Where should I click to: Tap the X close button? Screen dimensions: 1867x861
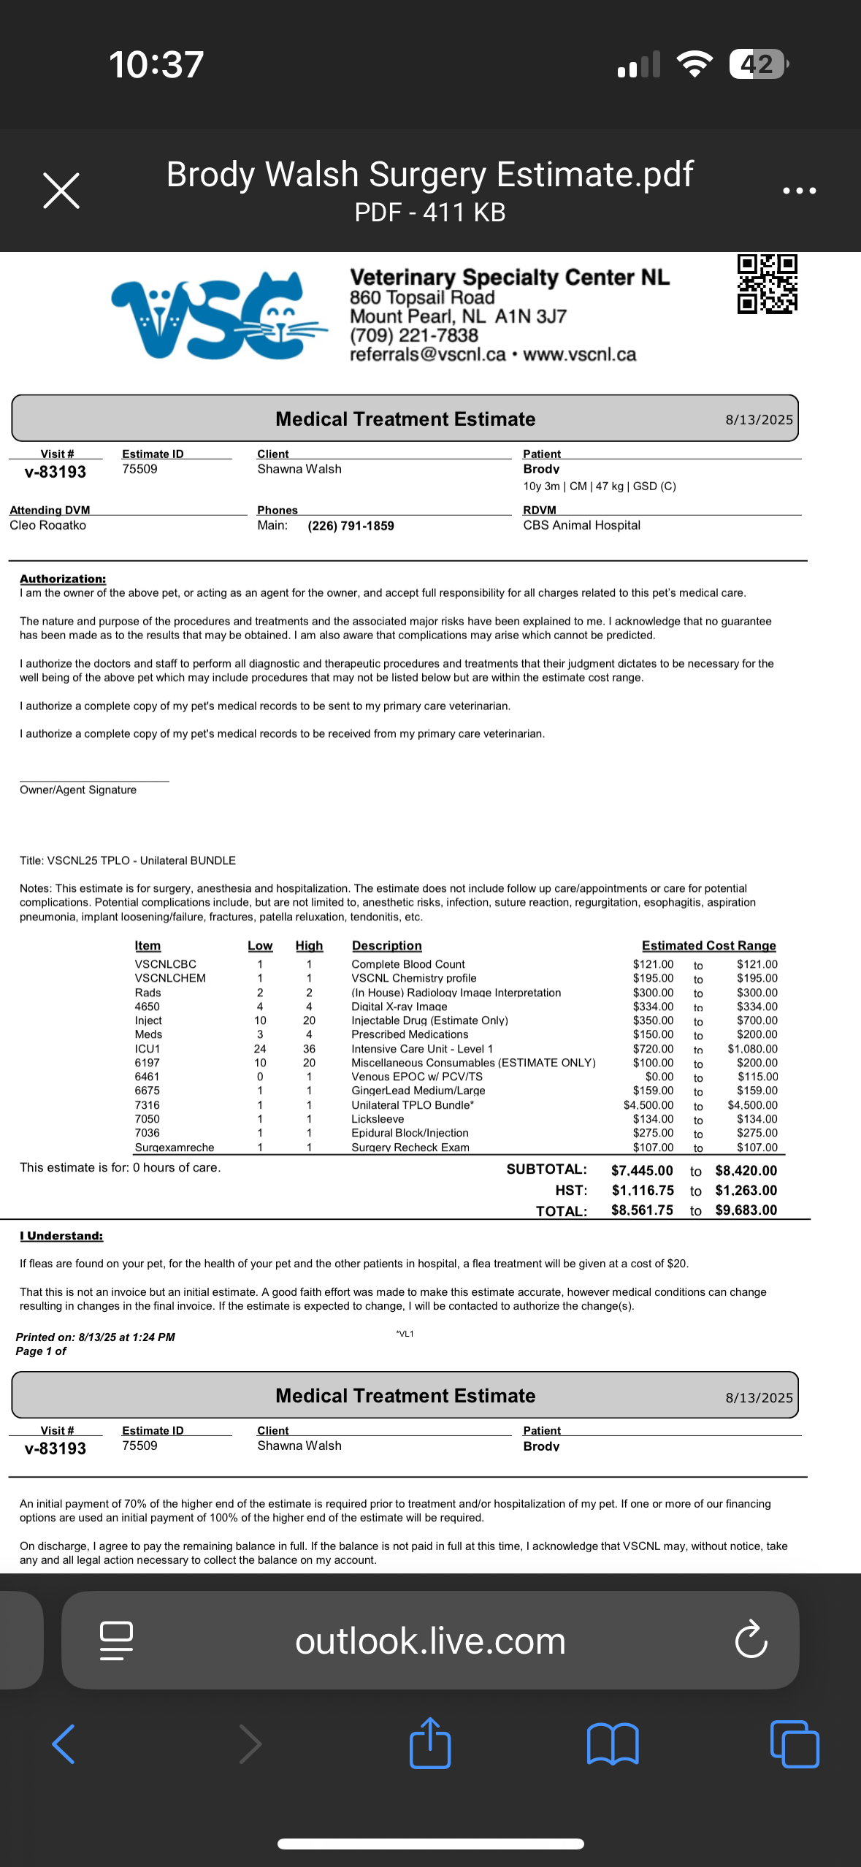pyautogui.click(x=61, y=191)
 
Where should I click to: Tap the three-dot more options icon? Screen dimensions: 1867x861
pyautogui.click(x=799, y=191)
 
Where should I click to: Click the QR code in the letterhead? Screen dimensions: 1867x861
pyautogui.click(x=767, y=284)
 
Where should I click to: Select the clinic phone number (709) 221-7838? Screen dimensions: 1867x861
pyautogui.click(x=413, y=335)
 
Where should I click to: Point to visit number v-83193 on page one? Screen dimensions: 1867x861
pyautogui.click(x=56, y=472)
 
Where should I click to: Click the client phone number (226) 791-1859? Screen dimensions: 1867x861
pyautogui.click(x=351, y=526)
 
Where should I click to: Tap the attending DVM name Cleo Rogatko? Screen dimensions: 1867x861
pyautogui.click(x=48, y=525)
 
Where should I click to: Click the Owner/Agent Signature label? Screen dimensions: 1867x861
pyautogui.click(x=78, y=790)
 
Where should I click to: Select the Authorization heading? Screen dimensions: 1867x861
pyautogui.click(x=63, y=579)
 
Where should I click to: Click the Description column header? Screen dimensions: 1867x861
pyautogui.click(x=386, y=945)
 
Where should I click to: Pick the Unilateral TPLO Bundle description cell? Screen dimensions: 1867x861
pyautogui.click(x=413, y=1105)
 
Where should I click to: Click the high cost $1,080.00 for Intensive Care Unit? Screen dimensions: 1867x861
pyautogui.click(x=752, y=1049)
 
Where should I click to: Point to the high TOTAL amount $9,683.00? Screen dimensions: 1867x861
pyautogui.click(x=746, y=1210)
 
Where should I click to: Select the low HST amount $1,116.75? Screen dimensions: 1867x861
pyautogui.click(x=643, y=1191)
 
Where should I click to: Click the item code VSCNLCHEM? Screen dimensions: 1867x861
pyautogui.click(x=170, y=978)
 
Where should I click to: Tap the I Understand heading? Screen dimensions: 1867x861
pyautogui.click(x=61, y=1236)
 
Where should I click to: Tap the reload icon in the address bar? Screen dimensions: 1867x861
pyautogui.click(x=751, y=1640)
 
